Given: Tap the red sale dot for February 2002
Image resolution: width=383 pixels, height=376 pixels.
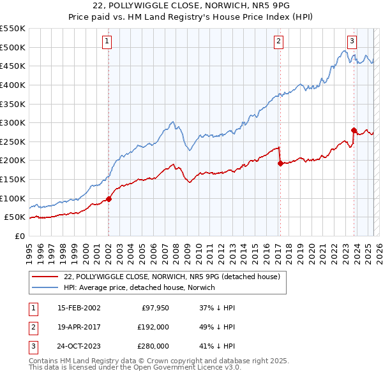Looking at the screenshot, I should pos(109,199).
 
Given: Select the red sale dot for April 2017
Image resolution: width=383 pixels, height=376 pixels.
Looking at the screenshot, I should pos(280,163).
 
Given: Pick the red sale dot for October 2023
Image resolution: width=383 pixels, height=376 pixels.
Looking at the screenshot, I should pos(354,130).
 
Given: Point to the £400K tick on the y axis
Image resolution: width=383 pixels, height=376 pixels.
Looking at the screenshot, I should pos(13,85).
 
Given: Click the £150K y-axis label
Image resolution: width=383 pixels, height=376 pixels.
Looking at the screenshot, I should pos(13,179).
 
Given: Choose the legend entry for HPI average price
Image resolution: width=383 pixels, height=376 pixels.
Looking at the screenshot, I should pos(139,288).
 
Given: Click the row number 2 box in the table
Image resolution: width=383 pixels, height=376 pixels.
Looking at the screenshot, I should pos(31,327).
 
